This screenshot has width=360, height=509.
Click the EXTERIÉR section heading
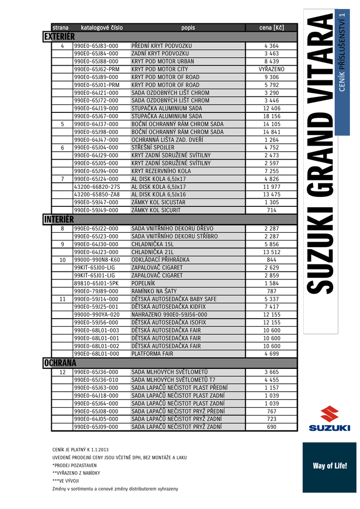tap(59, 37)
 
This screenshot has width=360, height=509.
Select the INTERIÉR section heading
tap(59, 219)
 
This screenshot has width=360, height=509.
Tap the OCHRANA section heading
tap(60, 363)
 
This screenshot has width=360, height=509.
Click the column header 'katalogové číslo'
tap(101, 27)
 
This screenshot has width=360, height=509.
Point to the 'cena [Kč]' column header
tap(271, 27)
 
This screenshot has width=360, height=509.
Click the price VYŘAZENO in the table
tap(271, 69)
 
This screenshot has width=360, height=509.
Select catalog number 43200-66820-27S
tap(97, 186)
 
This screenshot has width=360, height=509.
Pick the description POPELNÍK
tap(144, 283)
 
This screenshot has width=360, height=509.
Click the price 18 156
tap(271, 116)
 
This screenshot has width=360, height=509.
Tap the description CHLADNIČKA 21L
tap(152, 252)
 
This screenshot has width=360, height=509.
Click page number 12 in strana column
tap(63, 372)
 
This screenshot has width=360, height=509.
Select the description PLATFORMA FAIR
tap(153, 354)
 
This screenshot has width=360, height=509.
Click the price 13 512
tap(271, 252)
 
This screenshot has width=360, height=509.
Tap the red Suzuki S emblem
tap(329, 414)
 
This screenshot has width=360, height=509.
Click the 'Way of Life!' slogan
tap(330, 466)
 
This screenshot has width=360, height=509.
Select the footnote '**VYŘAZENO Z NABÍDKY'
tap(76, 473)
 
